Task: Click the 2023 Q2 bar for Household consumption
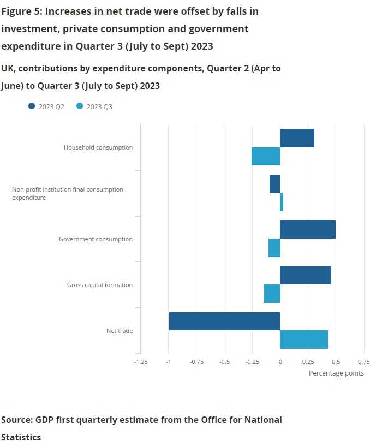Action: [x=297, y=138]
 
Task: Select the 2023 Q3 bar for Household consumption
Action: [x=266, y=157]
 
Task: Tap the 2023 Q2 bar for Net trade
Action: [x=224, y=321]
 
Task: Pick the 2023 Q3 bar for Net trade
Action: [x=304, y=339]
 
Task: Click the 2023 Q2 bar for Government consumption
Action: [x=308, y=230]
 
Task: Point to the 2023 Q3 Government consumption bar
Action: [x=274, y=248]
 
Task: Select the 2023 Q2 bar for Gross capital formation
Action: [x=306, y=276]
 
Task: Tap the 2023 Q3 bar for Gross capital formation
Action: [x=272, y=294]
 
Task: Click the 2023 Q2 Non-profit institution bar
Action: [x=274, y=184]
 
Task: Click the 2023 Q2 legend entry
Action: [x=47, y=107]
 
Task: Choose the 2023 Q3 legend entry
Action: [x=95, y=107]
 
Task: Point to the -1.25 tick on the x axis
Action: [x=141, y=361]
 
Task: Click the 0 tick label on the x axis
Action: [x=280, y=361]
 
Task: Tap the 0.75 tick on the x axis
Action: [x=363, y=361]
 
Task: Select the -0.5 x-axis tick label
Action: [x=224, y=361]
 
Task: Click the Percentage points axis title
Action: [x=336, y=373]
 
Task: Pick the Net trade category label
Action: [x=120, y=331]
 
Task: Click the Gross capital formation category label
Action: [x=100, y=285]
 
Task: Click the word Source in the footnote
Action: [x=16, y=420]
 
